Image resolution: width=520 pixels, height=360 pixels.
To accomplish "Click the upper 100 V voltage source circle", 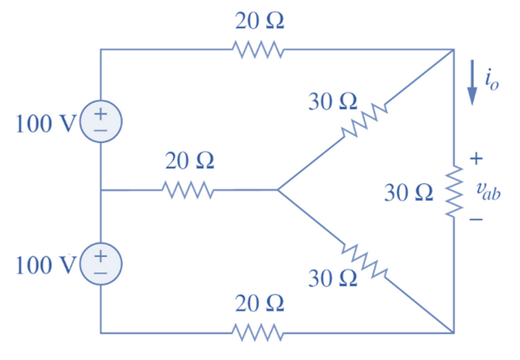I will (x=101, y=122).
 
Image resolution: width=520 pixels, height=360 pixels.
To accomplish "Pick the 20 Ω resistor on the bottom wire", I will (x=259, y=332).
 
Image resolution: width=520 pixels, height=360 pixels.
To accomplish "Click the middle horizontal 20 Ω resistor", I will (x=188, y=191).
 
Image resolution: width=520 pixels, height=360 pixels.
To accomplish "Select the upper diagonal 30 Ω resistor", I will (x=363, y=120).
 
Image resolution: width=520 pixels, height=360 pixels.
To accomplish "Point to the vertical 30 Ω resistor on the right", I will (x=453, y=191).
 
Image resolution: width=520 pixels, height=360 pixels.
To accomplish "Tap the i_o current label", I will (x=489, y=79).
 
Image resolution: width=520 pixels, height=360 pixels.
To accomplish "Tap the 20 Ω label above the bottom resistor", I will (x=260, y=304).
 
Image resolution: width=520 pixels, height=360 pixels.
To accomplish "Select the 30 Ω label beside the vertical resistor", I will (x=408, y=193).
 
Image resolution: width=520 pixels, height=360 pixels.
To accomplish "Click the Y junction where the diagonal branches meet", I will (x=277, y=191).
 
